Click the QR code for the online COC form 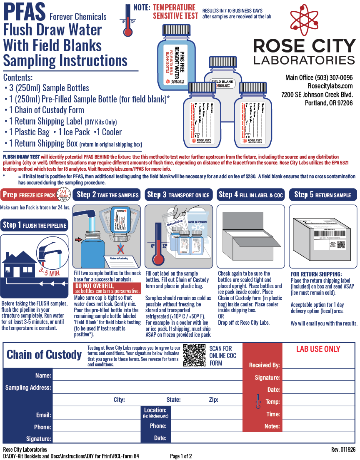194,355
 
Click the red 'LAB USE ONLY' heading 318,349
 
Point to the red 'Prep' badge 10,195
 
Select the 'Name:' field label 43,375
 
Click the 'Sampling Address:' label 28,388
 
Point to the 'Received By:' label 264,365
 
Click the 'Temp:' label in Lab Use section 273,402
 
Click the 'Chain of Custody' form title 44,355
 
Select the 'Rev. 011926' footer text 344,450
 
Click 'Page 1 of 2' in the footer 181,456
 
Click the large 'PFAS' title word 23,12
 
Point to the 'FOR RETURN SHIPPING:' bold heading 316,274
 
